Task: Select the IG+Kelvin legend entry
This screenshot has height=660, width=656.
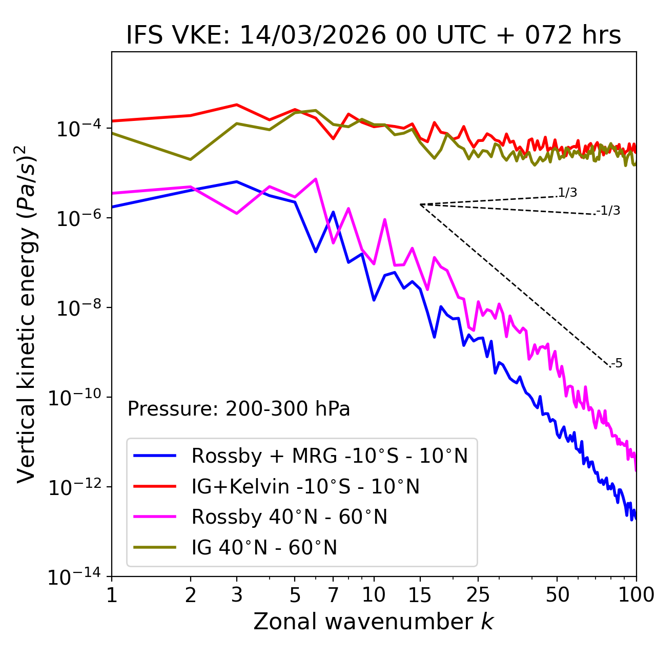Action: point(305,486)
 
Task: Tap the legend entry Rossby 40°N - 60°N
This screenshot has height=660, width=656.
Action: point(289,517)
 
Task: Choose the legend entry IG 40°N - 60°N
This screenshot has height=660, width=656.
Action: point(264,548)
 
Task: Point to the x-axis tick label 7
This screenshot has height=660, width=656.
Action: point(333,595)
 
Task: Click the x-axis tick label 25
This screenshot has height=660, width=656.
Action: point(478,595)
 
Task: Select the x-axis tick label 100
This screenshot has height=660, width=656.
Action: point(636,595)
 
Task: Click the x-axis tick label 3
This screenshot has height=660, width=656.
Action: point(237,595)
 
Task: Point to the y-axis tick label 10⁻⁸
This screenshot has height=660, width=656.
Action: point(77,308)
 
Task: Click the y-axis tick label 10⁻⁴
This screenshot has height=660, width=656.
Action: point(77,129)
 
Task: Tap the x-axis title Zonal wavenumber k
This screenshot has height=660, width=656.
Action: point(374,622)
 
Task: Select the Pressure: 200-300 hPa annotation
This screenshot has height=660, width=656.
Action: point(238,409)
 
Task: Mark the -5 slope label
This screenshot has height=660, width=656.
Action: point(617,363)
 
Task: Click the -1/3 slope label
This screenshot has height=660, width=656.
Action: point(609,210)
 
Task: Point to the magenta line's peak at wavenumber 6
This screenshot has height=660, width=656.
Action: point(316,179)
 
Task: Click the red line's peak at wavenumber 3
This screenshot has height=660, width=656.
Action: point(237,105)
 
